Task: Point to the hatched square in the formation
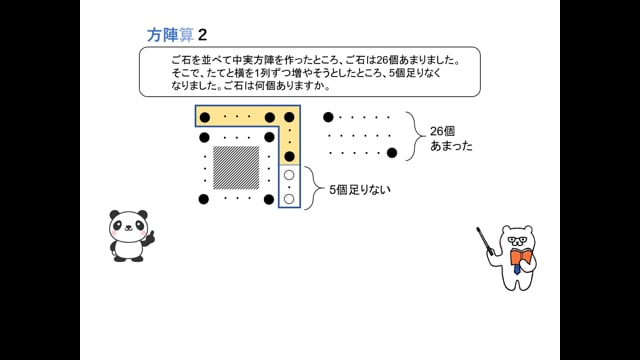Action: (x=236, y=167)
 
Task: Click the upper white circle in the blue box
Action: (x=289, y=176)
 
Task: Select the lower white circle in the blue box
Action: (x=289, y=199)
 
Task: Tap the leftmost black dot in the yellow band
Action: (x=205, y=117)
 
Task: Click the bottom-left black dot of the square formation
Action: (x=204, y=199)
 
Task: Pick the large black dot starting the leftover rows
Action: (x=328, y=117)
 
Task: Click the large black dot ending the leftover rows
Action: (x=392, y=153)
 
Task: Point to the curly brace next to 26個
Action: (x=411, y=136)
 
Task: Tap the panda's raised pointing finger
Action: (x=151, y=237)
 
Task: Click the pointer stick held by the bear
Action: (x=487, y=241)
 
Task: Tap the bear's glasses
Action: (x=516, y=239)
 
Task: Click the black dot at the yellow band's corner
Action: (x=289, y=117)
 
